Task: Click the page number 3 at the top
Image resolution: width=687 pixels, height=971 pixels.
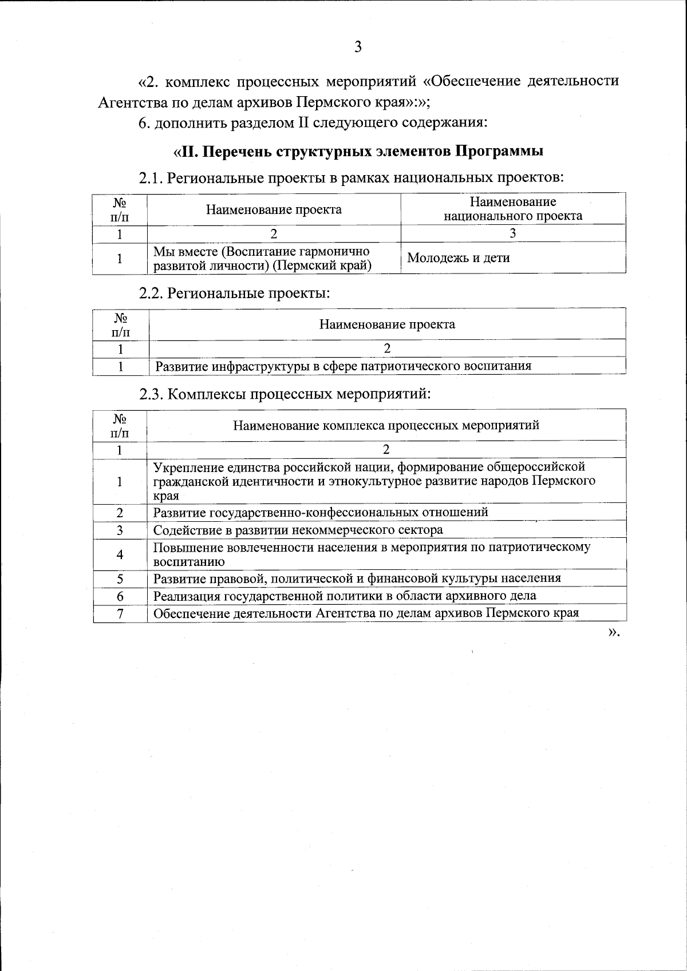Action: point(358,47)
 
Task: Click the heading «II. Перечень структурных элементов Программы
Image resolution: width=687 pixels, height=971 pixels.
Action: point(358,152)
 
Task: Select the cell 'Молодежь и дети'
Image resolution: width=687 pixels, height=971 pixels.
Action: point(458,258)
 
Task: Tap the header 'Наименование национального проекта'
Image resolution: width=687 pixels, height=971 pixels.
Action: point(513,209)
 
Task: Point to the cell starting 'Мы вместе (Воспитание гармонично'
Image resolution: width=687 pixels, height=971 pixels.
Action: point(262,259)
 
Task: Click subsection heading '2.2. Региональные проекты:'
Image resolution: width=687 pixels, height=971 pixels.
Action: point(235,293)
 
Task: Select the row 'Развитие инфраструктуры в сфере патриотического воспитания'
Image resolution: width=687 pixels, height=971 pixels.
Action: point(343,366)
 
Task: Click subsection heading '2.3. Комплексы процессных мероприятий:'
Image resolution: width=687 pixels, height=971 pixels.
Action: point(285,394)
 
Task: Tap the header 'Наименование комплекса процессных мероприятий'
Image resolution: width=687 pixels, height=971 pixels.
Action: point(386,425)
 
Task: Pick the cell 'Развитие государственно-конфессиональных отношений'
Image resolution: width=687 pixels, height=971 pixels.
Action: point(321,512)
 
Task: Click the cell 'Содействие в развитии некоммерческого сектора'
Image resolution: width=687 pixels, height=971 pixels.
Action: point(298,530)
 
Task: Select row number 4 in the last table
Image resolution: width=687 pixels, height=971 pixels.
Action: point(120,554)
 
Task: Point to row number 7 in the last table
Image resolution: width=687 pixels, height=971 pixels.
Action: point(120,613)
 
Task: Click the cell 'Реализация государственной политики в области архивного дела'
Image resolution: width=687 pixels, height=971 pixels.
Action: point(345,596)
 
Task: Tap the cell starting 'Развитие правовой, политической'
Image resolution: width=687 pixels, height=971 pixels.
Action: point(357,578)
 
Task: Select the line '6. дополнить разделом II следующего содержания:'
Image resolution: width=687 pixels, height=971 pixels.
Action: point(313,123)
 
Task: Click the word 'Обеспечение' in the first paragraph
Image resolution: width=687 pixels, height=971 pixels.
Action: point(476,81)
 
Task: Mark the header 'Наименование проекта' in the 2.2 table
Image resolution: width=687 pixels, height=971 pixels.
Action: point(387,324)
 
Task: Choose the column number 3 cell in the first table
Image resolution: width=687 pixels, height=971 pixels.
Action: point(512,233)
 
